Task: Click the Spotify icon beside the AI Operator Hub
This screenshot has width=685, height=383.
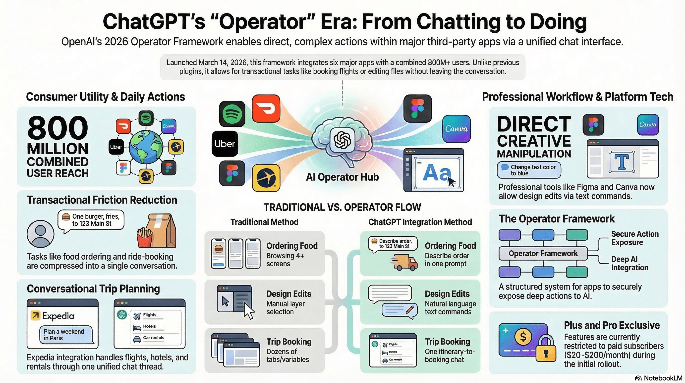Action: (x=232, y=113)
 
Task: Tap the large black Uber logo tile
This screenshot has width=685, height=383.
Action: (x=225, y=144)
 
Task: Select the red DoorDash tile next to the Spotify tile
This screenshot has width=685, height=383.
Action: (x=266, y=109)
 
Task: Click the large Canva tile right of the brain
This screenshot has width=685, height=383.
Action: (x=456, y=129)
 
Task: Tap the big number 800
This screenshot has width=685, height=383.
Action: (x=57, y=128)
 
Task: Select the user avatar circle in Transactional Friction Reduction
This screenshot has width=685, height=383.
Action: (x=40, y=234)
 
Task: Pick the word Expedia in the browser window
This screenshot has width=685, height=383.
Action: (x=58, y=316)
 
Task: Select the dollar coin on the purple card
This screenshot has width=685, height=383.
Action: (x=523, y=337)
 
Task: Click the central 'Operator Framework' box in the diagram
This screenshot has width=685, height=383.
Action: (x=543, y=253)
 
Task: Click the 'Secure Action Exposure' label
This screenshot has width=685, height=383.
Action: (x=635, y=238)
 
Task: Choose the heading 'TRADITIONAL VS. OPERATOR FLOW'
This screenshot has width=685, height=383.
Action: (x=342, y=207)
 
